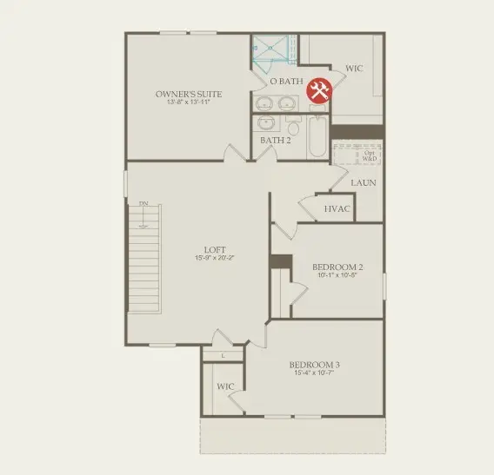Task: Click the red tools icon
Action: tap(319, 90)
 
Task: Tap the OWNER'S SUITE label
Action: tap(189, 94)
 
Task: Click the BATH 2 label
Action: tap(275, 140)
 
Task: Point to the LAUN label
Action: tap(364, 183)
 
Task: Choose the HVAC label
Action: tap(337, 209)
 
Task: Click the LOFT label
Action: tap(214, 249)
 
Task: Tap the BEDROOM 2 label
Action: tap(337, 267)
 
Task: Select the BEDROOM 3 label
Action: tap(315, 364)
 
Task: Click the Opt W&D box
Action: tap(370, 156)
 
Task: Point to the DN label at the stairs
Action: tap(144, 204)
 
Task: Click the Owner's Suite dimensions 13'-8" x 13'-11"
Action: tap(189, 102)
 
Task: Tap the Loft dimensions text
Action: tap(214, 258)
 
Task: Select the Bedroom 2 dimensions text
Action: tap(337, 275)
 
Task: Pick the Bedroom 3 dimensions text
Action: tap(315, 373)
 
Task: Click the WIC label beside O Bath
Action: tap(354, 68)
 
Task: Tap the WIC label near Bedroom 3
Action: tap(226, 386)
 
